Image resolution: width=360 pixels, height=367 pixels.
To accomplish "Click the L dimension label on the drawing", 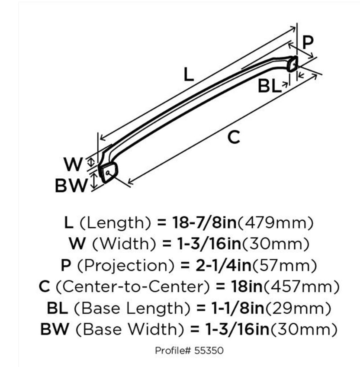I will click(188, 75).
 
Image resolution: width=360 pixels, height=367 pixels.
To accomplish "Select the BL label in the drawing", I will click(270, 87).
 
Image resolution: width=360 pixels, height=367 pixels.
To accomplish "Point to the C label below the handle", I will click(233, 137).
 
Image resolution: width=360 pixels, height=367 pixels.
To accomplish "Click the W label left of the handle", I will click(73, 164).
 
